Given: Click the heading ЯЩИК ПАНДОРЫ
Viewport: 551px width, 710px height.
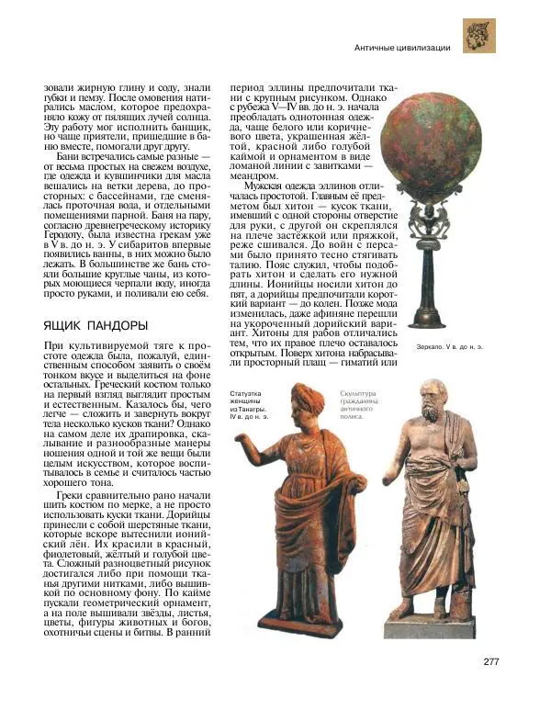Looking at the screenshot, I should tap(94, 325).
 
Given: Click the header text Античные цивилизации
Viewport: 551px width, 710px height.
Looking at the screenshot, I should tap(402, 46).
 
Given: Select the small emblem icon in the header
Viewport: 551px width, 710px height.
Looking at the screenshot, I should tap(478, 36).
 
